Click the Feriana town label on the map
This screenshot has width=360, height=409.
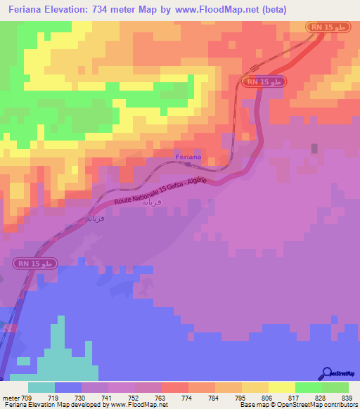pyautogui.click(x=188, y=157)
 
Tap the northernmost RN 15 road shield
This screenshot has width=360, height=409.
pyautogui.click(x=328, y=27)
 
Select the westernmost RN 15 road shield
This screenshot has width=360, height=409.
pyautogui.click(x=34, y=263)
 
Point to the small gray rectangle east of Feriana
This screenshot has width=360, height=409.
pyautogui.click(x=314, y=148)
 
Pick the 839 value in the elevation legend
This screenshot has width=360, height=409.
pyautogui.click(x=348, y=398)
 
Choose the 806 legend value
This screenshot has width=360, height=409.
pyautogui.click(x=268, y=398)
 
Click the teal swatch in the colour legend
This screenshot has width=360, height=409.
pyautogui.click(x=41, y=387)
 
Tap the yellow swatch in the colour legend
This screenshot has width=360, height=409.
pyautogui.click(x=281, y=387)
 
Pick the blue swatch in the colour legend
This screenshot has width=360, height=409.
pyautogui.click(x=68, y=387)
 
